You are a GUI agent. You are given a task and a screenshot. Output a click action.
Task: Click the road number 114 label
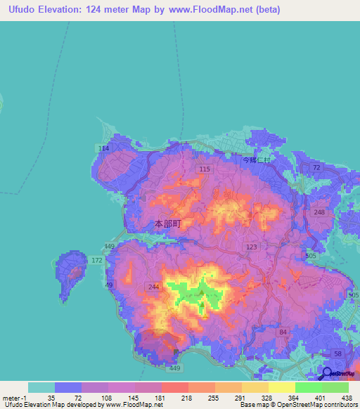104,148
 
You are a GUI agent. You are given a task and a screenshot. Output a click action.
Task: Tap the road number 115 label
205,169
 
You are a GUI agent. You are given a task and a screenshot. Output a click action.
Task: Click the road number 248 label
319,213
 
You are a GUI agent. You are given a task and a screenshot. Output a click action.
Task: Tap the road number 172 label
97,261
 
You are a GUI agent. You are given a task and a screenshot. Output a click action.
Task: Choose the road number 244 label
155,286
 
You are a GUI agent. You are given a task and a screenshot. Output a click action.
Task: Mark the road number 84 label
283,331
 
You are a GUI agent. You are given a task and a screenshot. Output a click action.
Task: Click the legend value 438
346,398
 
